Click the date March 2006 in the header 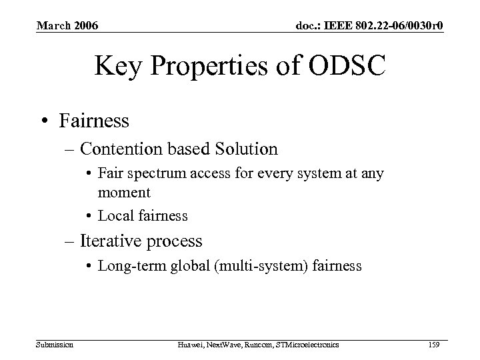click(67, 25)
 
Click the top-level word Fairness click(93, 121)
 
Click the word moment click(125, 193)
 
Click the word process click(178, 241)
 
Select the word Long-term click(126, 265)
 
